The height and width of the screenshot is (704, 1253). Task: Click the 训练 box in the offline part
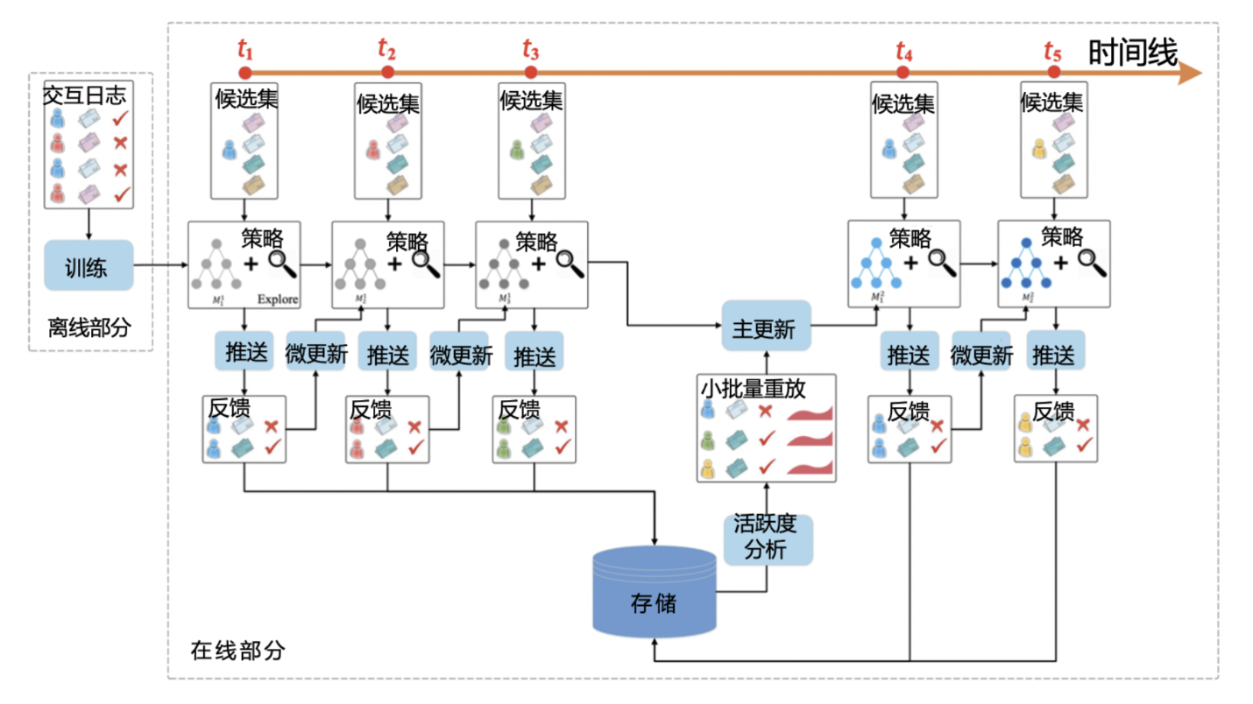point(88,268)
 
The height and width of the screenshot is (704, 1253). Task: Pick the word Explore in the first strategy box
point(278,299)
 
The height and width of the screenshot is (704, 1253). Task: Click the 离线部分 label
point(89,328)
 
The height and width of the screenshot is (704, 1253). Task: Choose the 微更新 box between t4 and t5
point(981,356)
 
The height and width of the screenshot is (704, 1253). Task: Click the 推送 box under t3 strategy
point(534,356)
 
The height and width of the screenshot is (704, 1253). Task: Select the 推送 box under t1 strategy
point(244,352)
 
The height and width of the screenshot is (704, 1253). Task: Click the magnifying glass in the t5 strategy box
point(1089,259)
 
